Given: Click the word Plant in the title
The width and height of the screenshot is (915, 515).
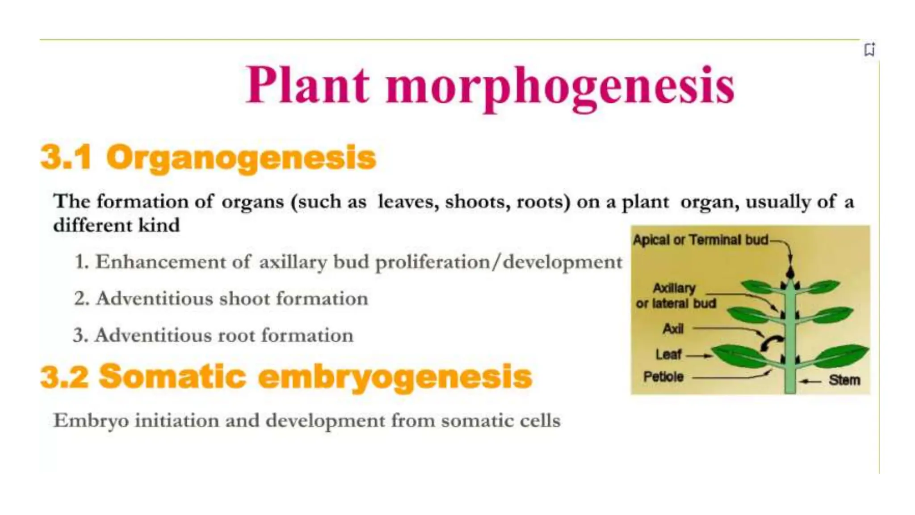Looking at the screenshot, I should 308,85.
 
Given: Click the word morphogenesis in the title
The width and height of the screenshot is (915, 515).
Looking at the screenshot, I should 560,86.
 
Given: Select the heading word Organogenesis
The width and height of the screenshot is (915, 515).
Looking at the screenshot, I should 241,158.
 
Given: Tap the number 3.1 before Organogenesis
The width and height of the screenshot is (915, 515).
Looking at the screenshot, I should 66,157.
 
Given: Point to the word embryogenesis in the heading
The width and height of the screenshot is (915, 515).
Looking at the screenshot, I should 395,377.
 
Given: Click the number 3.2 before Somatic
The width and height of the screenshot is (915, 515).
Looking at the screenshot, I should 64,377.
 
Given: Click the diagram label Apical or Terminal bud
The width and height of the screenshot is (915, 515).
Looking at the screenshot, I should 700,240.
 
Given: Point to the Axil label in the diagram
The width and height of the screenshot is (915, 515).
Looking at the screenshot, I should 673,329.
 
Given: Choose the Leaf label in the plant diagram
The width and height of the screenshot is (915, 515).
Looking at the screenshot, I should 668,355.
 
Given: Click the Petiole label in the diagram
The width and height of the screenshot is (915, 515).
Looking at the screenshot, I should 663,377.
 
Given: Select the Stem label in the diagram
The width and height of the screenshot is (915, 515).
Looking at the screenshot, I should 844,380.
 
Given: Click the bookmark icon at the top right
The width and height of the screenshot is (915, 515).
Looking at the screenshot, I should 869,49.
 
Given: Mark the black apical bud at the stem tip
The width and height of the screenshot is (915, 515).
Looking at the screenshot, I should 790,272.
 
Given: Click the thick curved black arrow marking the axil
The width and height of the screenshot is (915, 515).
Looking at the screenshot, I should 772,343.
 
